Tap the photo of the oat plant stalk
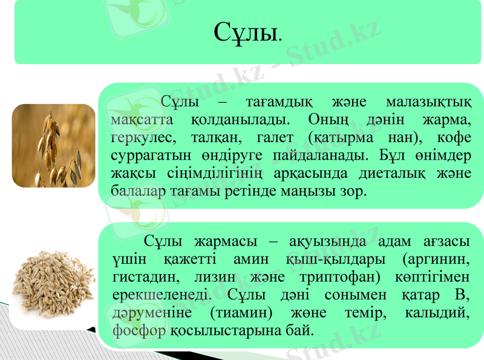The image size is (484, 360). click(54, 145)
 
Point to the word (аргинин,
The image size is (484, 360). click(436, 259)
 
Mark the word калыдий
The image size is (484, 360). click(443, 313)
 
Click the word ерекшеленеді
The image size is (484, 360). click(162, 295)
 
